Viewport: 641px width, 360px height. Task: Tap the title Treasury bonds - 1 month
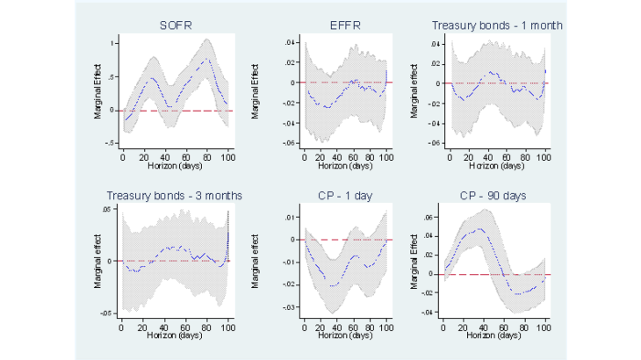click(497, 25)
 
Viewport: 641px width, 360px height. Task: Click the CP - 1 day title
click(346, 195)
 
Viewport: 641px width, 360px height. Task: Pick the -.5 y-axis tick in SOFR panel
click(111, 143)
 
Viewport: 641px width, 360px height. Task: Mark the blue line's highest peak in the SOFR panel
click(207, 59)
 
